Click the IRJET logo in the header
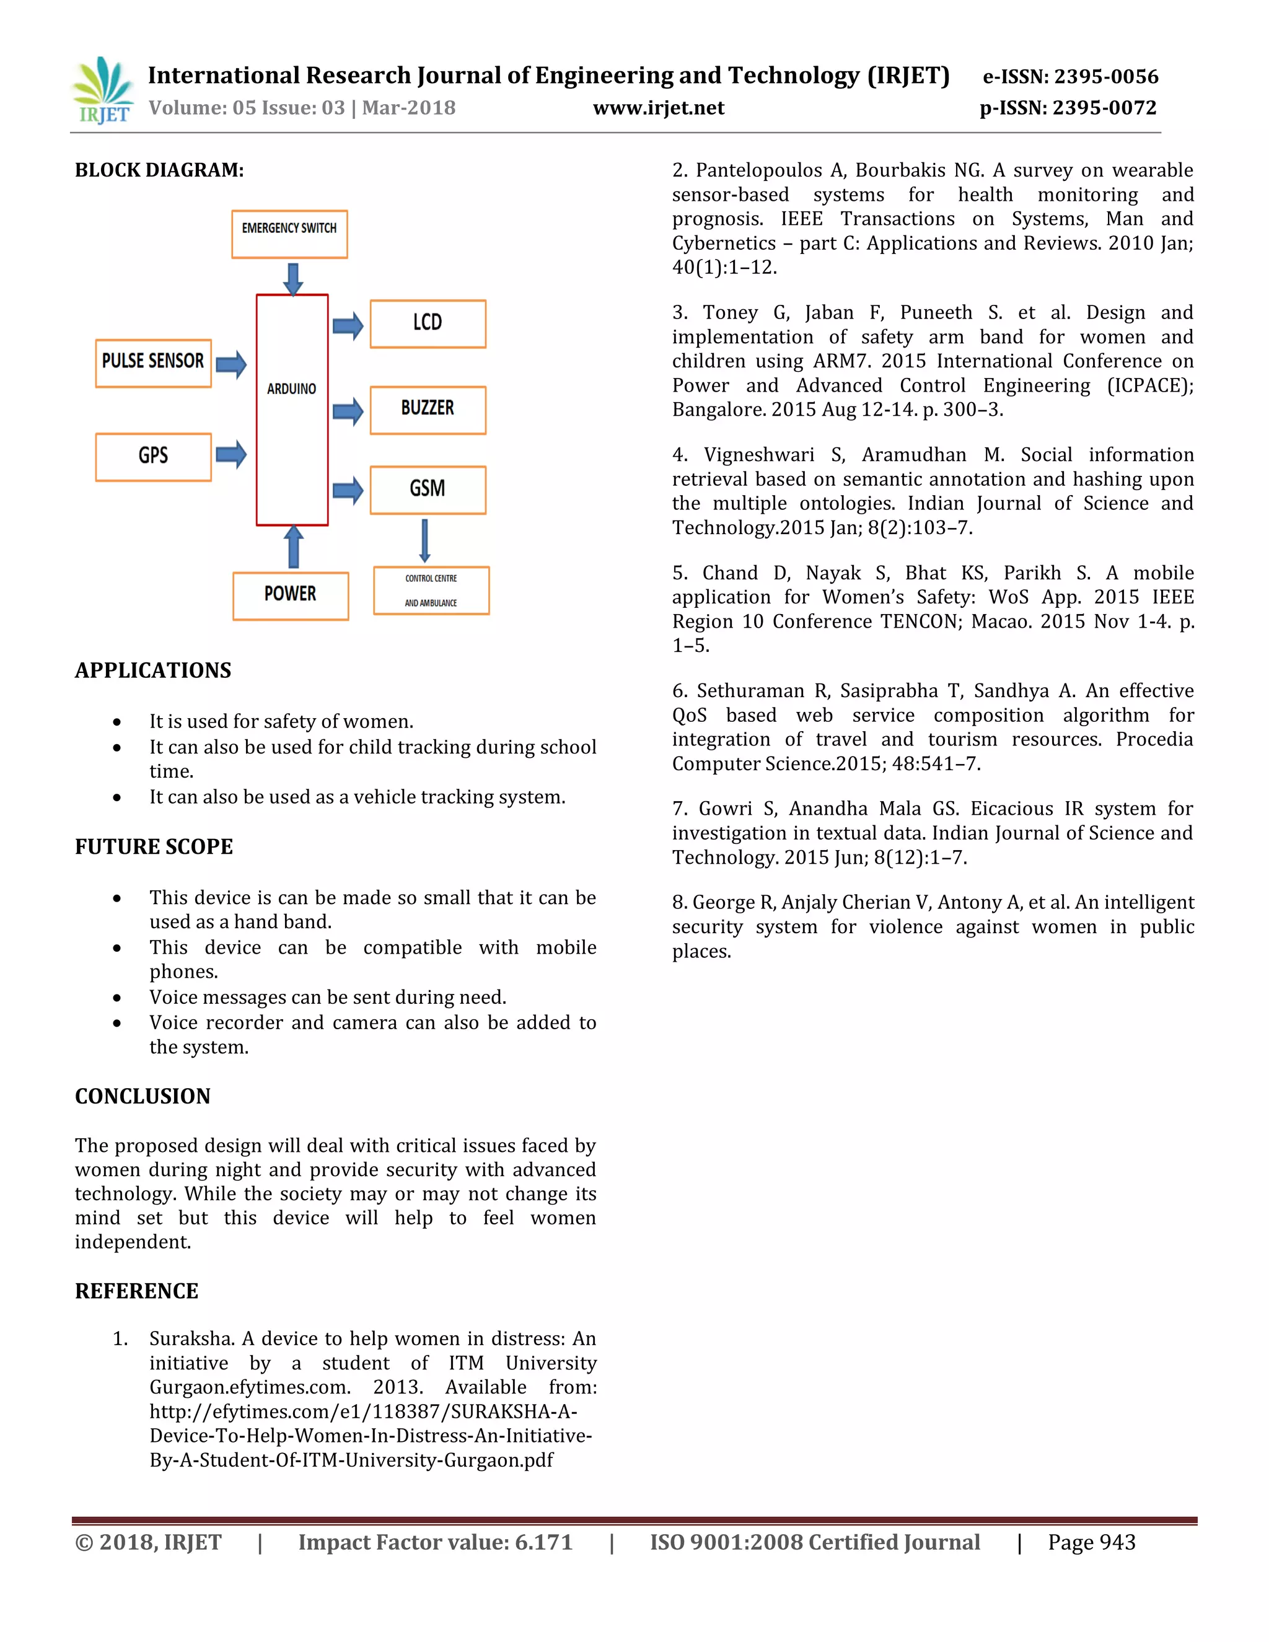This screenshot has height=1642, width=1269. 103,91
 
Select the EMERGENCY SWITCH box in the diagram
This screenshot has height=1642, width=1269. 289,234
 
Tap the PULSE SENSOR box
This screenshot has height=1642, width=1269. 154,363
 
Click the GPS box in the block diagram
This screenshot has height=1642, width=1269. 154,457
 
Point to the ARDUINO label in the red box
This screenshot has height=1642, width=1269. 292,389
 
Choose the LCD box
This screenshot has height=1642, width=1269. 428,324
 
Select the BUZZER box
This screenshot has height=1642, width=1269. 428,410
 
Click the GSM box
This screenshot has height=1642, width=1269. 428,490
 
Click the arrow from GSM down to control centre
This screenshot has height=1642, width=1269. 424,540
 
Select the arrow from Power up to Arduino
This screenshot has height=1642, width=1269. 293,547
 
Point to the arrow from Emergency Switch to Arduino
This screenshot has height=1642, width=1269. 293,278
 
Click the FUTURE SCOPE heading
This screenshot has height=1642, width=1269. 154,846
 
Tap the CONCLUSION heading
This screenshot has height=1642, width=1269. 143,1096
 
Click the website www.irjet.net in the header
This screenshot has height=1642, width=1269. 659,108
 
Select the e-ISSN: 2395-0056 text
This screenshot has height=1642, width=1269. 1071,77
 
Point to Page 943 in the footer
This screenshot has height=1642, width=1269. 1092,1542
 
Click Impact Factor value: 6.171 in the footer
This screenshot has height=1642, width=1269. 435,1542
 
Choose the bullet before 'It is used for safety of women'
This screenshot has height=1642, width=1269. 117,722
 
